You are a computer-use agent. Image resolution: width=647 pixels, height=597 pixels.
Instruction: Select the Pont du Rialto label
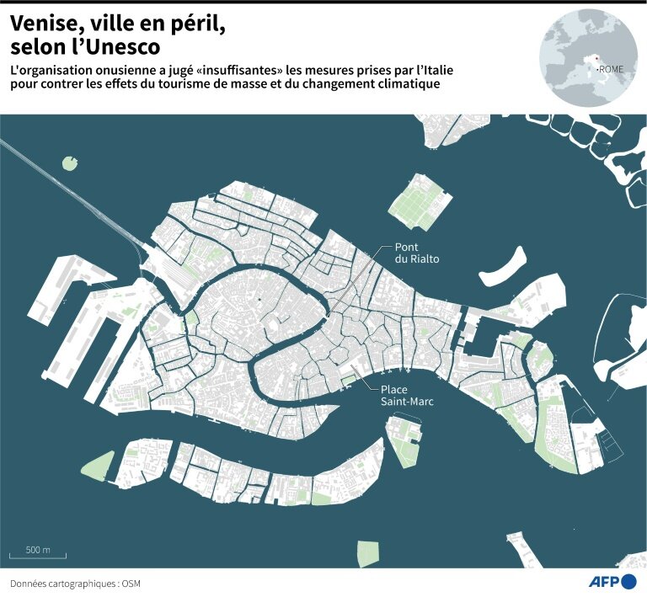[417, 253]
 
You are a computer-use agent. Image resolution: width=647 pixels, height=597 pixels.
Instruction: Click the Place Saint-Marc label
[406, 396]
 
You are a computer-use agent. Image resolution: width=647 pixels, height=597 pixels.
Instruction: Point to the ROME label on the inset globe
[611, 69]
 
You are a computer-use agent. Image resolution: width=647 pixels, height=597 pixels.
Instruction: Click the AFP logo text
[604, 582]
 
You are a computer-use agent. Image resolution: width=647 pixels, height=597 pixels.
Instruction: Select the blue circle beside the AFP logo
[628, 582]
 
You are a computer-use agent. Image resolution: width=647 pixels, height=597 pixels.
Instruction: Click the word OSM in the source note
[130, 584]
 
